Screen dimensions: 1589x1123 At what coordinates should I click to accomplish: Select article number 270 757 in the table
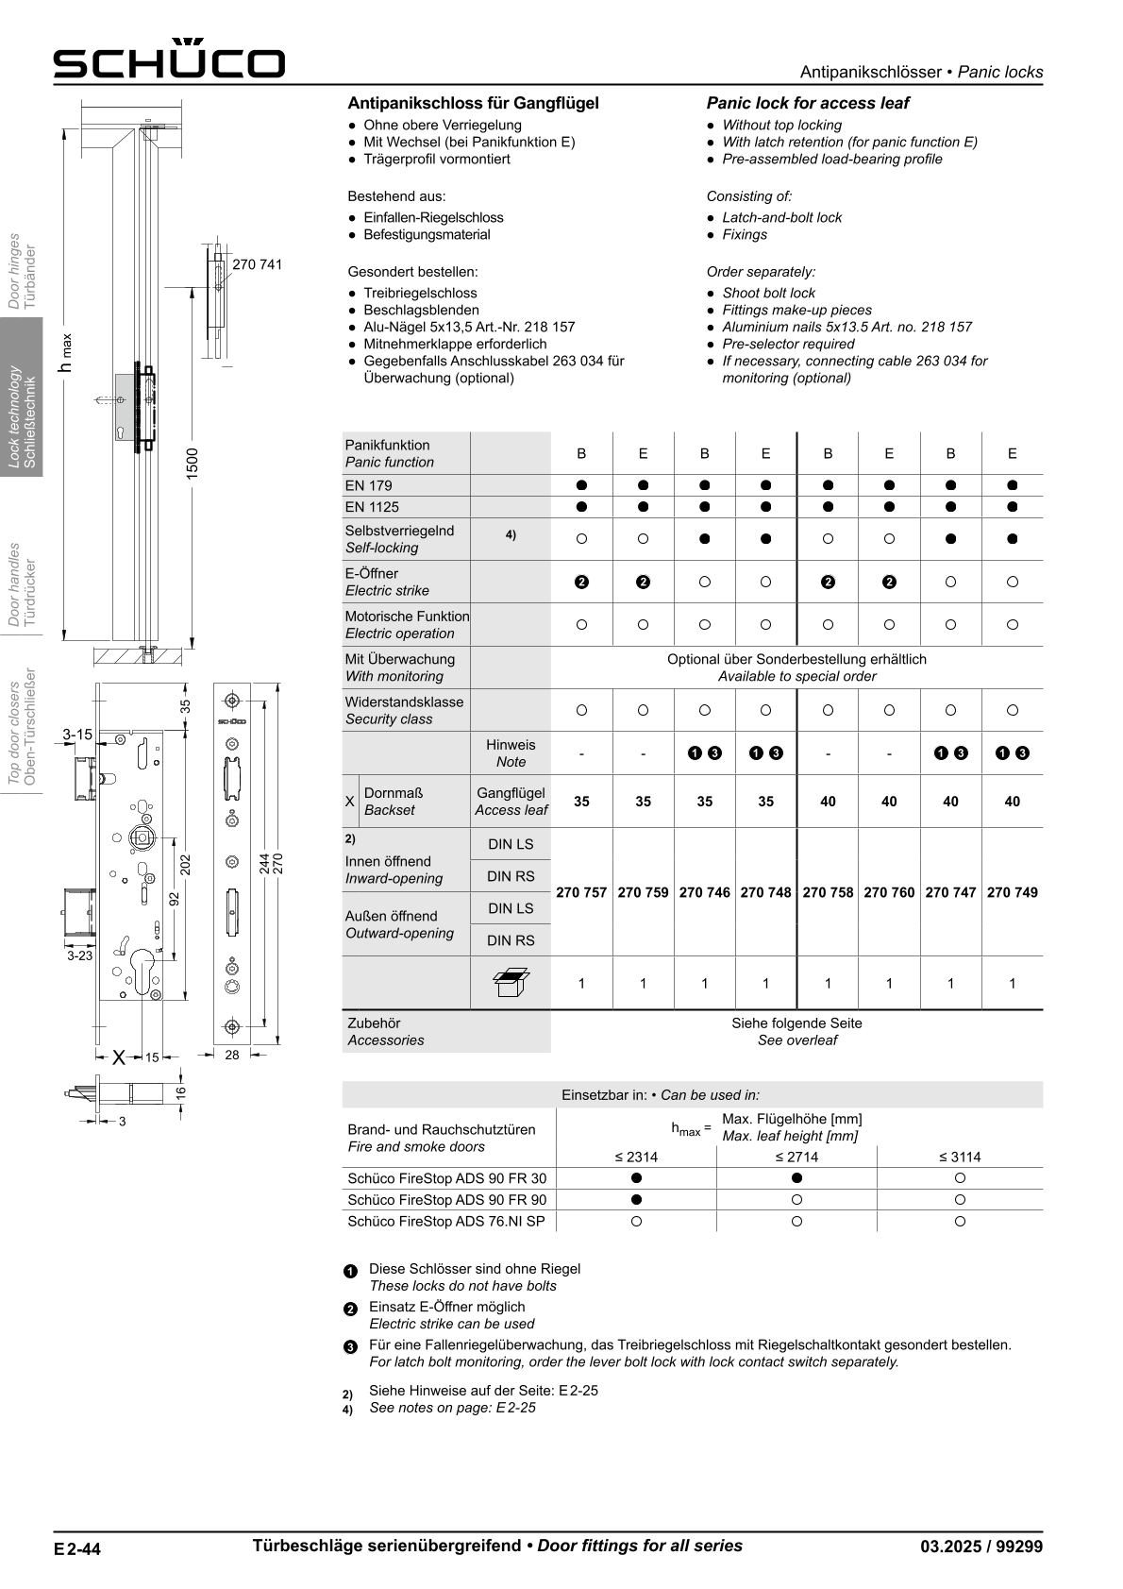click(x=581, y=892)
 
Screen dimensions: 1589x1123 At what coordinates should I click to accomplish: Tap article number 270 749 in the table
click(x=1012, y=892)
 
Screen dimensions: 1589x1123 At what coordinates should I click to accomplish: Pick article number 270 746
click(x=704, y=892)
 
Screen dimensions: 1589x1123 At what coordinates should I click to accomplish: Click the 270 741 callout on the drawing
click(x=257, y=265)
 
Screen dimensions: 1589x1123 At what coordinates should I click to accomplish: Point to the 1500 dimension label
click(x=193, y=464)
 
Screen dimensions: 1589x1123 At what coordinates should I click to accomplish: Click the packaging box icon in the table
click(x=511, y=983)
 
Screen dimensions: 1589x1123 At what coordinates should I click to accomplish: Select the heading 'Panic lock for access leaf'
click(x=808, y=103)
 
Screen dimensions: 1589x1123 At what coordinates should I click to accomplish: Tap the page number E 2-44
click(x=77, y=1548)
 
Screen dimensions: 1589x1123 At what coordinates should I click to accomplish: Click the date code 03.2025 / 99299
click(x=981, y=1547)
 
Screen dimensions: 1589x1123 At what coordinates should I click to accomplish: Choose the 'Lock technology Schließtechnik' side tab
click(x=22, y=397)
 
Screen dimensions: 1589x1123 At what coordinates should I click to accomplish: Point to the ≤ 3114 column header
click(x=959, y=1157)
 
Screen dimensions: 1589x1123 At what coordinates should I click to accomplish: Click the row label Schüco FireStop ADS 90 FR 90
click(x=446, y=1200)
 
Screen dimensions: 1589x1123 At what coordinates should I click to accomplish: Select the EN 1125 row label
click(x=372, y=507)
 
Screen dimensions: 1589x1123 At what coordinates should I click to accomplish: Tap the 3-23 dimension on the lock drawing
click(x=80, y=955)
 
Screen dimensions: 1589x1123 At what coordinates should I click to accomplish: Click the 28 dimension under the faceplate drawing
click(x=232, y=1056)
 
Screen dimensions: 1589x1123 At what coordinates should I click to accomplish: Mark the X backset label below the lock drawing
click(x=119, y=1057)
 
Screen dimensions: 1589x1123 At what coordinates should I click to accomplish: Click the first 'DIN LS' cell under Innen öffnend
click(x=511, y=844)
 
